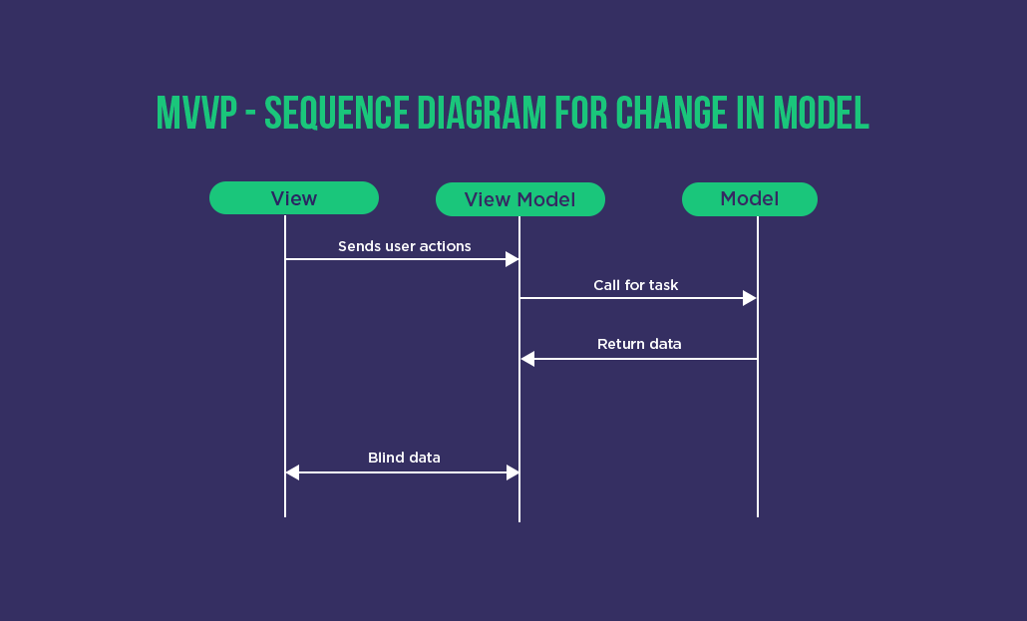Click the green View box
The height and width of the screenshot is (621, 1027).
[x=294, y=198]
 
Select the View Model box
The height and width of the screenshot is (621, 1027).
[x=519, y=199]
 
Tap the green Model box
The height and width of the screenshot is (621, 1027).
[x=749, y=198]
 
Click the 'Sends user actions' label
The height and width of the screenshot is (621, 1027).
[x=404, y=246]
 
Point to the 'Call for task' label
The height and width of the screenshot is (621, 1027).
[x=635, y=285]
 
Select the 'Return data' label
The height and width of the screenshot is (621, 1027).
[x=639, y=344]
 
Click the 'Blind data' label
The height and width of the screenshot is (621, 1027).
[x=404, y=458]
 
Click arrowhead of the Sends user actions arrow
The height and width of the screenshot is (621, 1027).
[x=513, y=259]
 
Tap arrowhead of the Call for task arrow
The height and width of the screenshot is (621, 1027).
[x=750, y=298]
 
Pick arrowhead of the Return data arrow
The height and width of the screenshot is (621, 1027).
[x=527, y=359]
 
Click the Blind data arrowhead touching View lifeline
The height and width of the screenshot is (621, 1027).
[x=292, y=472]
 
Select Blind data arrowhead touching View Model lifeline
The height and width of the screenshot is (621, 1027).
[x=513, y=472]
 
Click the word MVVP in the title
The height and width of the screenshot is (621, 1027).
[x=195, y=114]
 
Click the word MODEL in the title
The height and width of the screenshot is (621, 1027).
[x=821, y=114]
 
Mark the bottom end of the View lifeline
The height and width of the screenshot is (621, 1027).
[x=285, y=515]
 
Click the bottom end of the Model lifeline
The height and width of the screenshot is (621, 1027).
[x=758, y=515]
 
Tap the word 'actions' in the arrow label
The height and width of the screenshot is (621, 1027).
[x=445, y=246]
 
